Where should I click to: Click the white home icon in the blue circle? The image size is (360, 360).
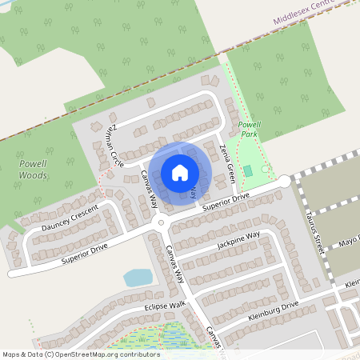pyautogui.click(x=180, y=173)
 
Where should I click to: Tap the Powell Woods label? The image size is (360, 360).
pyautogui.click(x=33, y=169)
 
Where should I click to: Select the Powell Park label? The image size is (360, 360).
pyautogui.click(x=250, y=129)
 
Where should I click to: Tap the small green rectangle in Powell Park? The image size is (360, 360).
pyautogui.click(x=248, y=170)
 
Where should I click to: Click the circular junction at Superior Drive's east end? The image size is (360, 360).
pyautogui.click(x=285, y=182)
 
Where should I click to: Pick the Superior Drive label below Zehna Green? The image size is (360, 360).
pyautogui.click(x=226, y=201)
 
